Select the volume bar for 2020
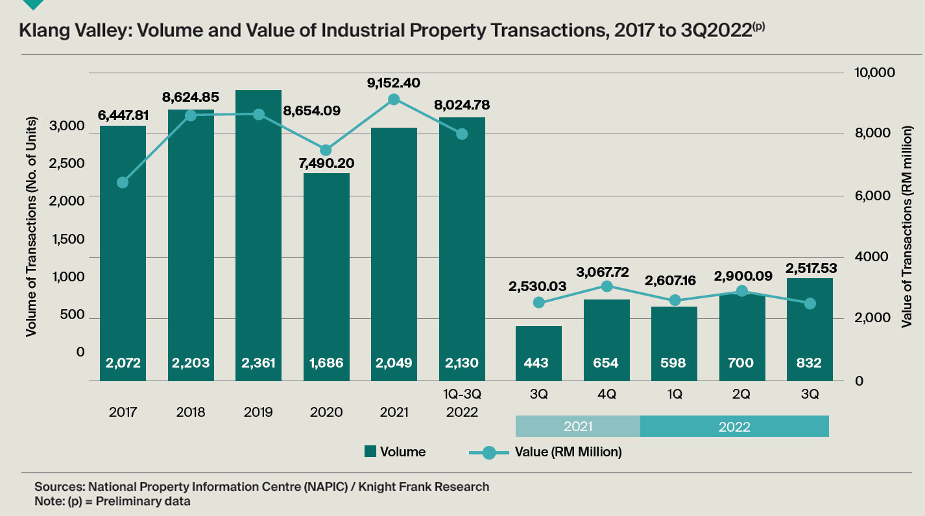[326, 272]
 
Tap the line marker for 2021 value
[394, 99]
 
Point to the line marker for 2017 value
[123, 182]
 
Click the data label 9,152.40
[394, 82]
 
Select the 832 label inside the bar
[809, 362]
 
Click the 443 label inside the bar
[538, 362]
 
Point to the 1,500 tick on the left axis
[67, 239]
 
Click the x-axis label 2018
[191, 412]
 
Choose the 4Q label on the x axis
[606, 393]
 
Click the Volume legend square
[370, 452]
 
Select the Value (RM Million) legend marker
[488, 452]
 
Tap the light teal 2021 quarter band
[577, 427]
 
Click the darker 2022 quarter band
[734, 427]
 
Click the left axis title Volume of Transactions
[30, 227]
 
